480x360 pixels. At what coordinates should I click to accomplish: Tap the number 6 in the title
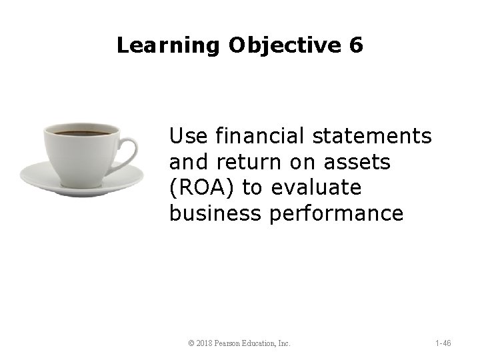tap(356, 45)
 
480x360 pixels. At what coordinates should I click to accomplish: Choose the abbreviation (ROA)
tap(203, 188)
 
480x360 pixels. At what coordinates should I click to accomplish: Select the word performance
tap(340, 213)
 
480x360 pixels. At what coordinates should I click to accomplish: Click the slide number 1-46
tap(443, 343)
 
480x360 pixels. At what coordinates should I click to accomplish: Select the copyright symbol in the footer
tap(191, 343)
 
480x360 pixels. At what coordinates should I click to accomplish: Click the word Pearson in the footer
tap(231, 343)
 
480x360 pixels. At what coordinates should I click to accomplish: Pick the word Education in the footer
tap(265, 343)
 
